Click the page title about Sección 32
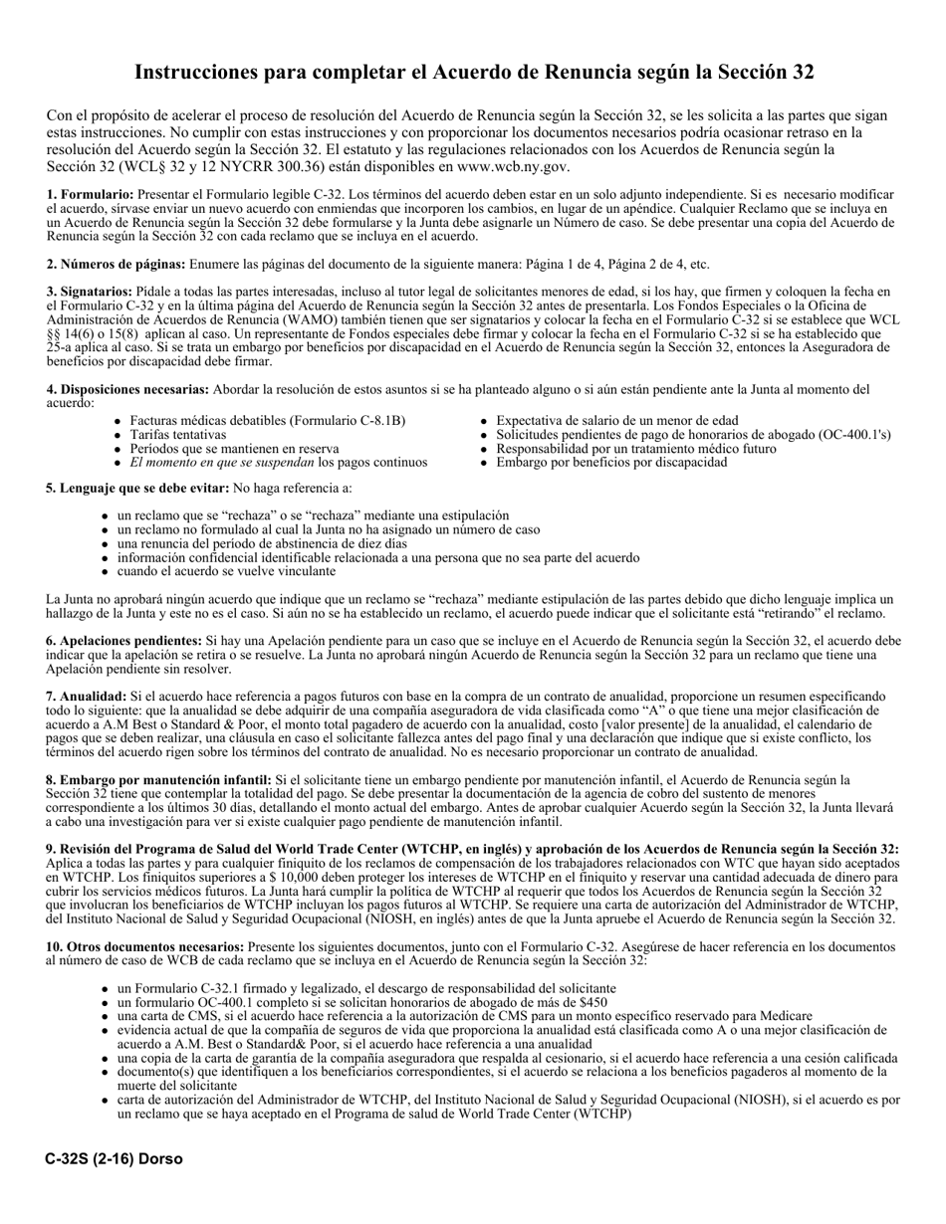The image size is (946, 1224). (x=473, y=73)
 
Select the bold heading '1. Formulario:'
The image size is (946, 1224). (x=90, y=195)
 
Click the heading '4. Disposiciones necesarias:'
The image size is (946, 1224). (x=127, y=389)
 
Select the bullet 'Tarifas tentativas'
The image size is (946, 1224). (x=177, y=435)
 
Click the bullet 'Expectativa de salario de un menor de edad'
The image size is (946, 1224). (x=616, y=421)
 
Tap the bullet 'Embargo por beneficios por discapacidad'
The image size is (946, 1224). (x=611, y=463)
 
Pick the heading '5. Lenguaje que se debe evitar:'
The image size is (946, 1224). (x=137, y=489)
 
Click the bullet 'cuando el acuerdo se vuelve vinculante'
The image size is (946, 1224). (x=226, y=571)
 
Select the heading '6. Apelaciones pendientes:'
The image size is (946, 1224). (x=124, y=642)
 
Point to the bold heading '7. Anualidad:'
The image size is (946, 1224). (x=87, y=697)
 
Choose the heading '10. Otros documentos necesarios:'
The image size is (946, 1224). (x=145, y=947)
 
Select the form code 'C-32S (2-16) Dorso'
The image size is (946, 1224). (x=114, y=1159)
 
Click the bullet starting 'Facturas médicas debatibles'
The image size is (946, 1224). (x=267, y=421)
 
